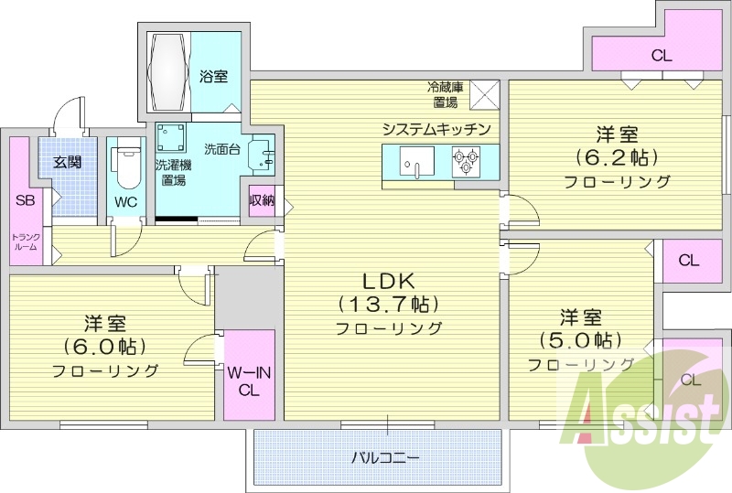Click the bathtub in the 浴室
169,73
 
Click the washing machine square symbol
170,138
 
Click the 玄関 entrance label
67,163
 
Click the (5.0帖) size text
581,340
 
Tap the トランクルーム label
25,242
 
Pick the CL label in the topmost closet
662,56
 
